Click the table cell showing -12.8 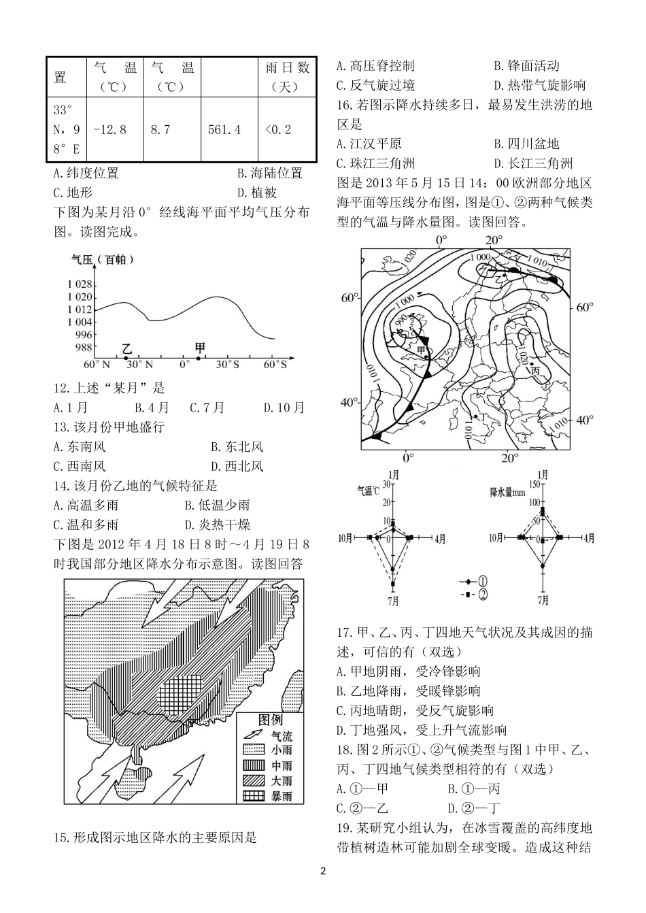[x=109, y=129]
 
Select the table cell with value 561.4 [x=224, y=129]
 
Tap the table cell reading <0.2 [x=278, y=129]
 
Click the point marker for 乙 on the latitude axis [x=126, y=358]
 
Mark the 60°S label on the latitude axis [x=275, y=365]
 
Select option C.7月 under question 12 [x=207, y=408]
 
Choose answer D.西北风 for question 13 [x=237, y=467]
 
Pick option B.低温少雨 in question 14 [x=217, y=505]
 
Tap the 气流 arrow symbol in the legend [x=253, y=735]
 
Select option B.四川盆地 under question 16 [x=526, y=144]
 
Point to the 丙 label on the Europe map [x=535, y=371]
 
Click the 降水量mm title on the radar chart [x=508, y=491]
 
